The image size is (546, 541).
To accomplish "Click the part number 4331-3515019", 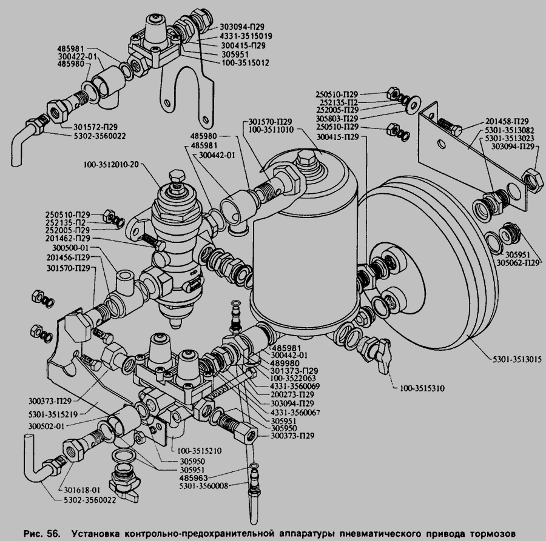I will [x=242, y=36].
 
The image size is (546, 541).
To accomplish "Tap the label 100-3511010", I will [x=271, y=129].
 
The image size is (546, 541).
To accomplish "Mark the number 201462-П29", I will [x=68, y=239].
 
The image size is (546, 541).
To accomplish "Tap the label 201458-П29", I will [x=505, y=121].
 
